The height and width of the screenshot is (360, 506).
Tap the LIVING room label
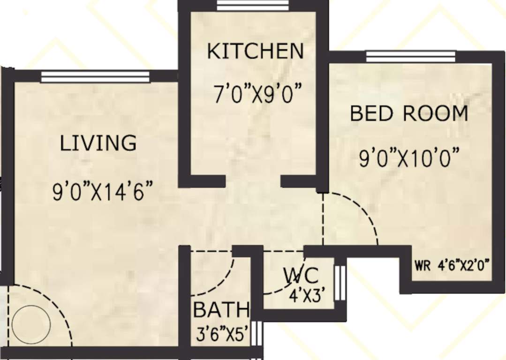[x=98, y=142]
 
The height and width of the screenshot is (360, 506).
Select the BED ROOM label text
[x=409, y=113]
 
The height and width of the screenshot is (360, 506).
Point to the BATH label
[x=221, y=310]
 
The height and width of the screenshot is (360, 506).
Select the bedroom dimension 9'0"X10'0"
[x=408, y=159]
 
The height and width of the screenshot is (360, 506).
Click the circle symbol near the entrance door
[x=31, y=323]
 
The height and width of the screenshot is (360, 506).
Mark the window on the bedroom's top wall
[x=410, y=57]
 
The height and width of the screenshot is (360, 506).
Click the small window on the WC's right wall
[x=341, y=283]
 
